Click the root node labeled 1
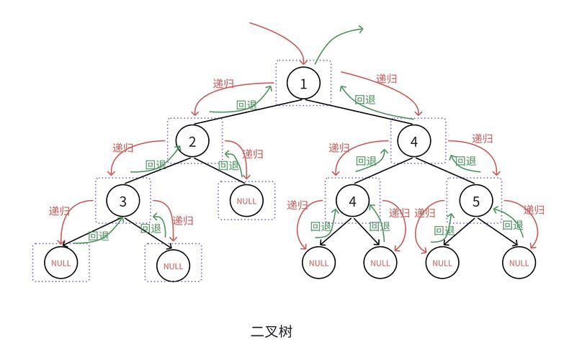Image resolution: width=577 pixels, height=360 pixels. coord(303,84)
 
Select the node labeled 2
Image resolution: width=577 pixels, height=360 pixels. coord(192,141)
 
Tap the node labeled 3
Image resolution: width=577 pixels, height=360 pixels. coord(123,200)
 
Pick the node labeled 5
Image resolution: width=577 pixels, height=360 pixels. coord(476,201)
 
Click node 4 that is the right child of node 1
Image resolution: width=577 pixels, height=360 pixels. coord(413,142)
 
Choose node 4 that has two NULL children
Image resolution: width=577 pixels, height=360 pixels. coord(352,201)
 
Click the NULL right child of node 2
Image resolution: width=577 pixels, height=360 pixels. coord(246,201)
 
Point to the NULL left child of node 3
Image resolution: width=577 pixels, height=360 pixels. coord(61,263)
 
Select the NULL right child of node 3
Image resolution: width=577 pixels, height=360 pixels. coord(173,266)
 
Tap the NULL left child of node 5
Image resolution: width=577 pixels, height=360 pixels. coord(441,263)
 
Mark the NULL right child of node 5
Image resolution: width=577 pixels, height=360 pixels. coord(519,263)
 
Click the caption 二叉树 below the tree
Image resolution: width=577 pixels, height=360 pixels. coord(272,332)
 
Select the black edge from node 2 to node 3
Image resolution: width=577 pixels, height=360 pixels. coord(158,171)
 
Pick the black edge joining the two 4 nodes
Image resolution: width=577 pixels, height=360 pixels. coord(383,171)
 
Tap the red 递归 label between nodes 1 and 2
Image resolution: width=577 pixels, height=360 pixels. coord(223,84)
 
